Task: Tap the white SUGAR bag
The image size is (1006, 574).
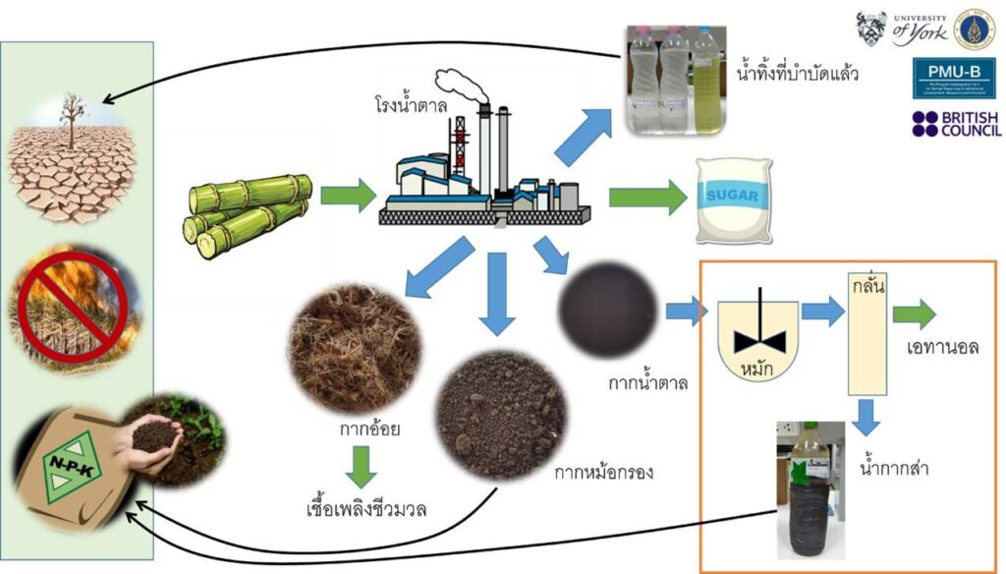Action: [x=732, y=200]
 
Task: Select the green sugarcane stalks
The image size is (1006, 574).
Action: [x=249, y=215]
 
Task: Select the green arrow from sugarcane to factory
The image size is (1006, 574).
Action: [x=348, y=196]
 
